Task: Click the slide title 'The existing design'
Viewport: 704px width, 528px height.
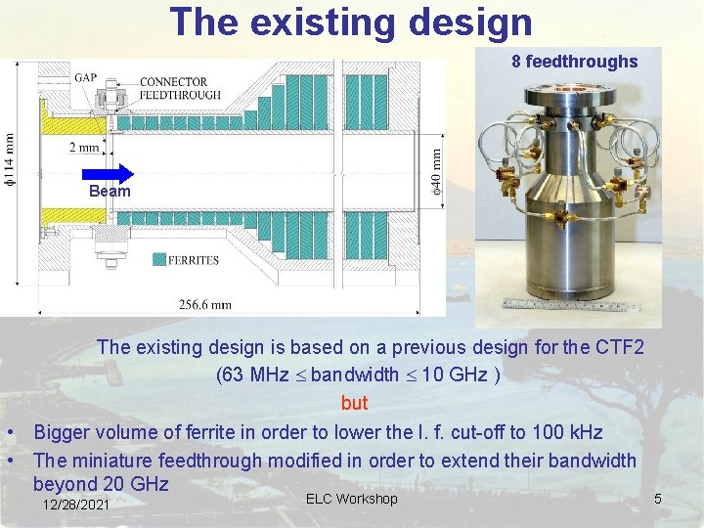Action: tap(351, 22)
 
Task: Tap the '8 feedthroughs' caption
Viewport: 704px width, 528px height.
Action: tap(574, 62)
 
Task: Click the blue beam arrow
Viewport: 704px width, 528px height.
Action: tap(113, 173)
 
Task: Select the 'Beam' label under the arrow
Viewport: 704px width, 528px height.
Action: tap(110, 192)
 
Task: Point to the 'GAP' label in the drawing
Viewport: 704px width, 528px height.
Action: tap(85, 77)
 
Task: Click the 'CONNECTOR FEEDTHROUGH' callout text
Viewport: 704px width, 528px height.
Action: tap(180, 88)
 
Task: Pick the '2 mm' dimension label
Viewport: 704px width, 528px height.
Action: tap(84, 148)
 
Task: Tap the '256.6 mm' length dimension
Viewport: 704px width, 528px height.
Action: tap(205, 304)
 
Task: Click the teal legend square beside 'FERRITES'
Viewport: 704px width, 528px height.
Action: tap(158, 260)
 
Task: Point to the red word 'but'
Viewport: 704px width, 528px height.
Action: tap(354, 403)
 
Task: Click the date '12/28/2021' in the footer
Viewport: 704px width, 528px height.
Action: tap(77, 505)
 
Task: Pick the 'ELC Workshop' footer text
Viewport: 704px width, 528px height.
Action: tap(351, 500)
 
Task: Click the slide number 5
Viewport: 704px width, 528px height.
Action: tap(658, 501)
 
